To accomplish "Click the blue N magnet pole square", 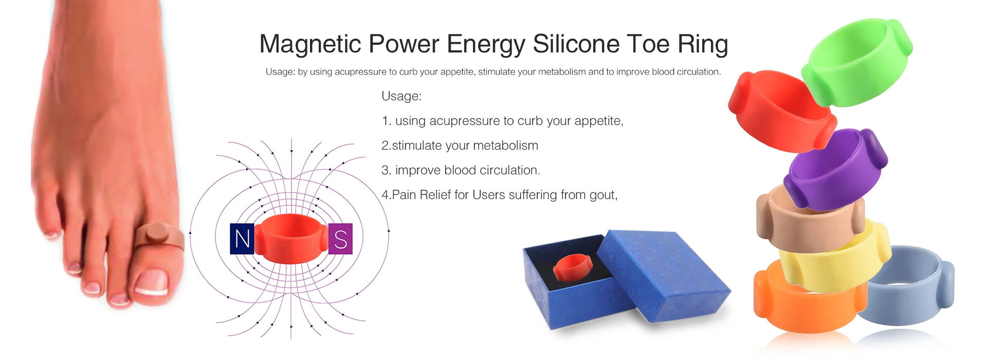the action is pyautogui.click(x=242, y=239).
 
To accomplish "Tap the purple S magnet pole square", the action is pyautogui.click(x=340, y=239).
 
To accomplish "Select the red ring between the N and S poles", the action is pyautogui.click(x=291, y=239).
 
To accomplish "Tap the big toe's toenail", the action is pyautogui.click(x=151, y=283).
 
